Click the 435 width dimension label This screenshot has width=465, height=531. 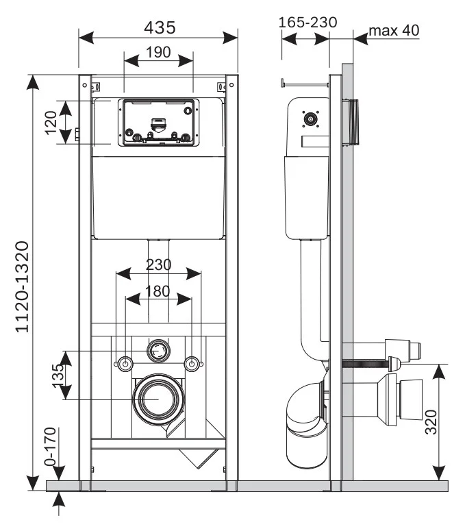[160, 27]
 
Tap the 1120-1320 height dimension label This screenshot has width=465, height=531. [22, 287]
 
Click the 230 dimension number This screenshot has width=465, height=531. [158, 264]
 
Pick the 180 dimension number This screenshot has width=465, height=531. [158, 291]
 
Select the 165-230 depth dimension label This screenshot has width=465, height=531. [307, 22]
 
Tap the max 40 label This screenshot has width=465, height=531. [394, 31]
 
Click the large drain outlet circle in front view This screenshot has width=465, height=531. [159, 398]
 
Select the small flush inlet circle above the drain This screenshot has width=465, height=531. [158, 351]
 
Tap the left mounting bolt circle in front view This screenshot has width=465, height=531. [125, 363]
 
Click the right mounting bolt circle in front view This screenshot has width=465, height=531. [193, 363]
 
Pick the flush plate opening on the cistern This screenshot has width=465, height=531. [159, 123]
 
